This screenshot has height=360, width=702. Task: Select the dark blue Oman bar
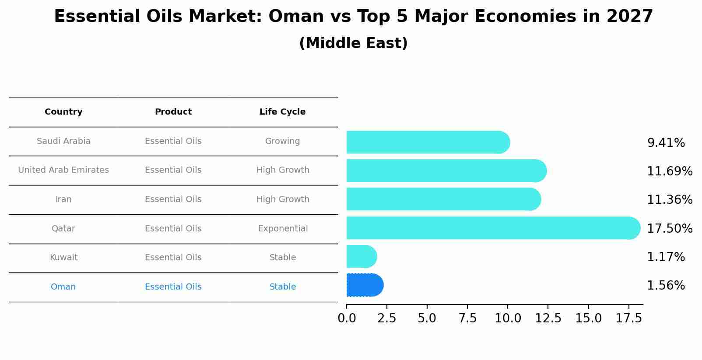coord(365,285)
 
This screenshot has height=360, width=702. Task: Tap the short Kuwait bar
coord(361,256)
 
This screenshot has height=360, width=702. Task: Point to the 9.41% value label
coord(666,143)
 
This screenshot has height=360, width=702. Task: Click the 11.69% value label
coord(669,171)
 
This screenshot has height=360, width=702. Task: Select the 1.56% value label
coord(666,286)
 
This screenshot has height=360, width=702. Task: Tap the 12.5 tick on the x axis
coord(548,318)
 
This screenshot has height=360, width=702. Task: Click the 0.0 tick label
coord(347,318)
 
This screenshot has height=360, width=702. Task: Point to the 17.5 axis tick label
coord(628,318)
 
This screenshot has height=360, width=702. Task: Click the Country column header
coord(63,112)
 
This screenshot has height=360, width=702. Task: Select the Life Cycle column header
coord(282,112)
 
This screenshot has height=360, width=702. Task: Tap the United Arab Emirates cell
coord(63,170)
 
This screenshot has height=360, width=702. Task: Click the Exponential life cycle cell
coord(283,229)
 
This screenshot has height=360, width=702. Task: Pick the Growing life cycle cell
coord(282,141)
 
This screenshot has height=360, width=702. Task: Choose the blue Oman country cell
coord(63,287)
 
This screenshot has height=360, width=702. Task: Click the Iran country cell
coord(63,199)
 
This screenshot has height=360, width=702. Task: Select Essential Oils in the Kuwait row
coord(173,258)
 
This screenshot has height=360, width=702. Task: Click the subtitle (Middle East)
coord(353,43)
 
